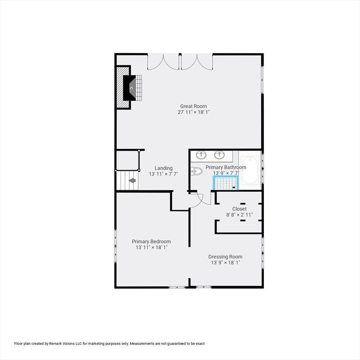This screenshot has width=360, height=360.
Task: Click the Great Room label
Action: tap(193, 106)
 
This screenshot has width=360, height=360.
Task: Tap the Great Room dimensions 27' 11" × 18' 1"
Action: tap(194, 112)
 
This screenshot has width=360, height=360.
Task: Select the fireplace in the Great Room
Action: tap(129, 88)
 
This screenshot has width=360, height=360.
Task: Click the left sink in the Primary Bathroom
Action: tap(201, 155)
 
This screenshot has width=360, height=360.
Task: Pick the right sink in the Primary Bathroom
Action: tap(219, 155)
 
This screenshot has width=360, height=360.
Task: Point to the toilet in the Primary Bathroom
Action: tap(196, 171)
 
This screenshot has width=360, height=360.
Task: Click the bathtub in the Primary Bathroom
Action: tap(250, 170)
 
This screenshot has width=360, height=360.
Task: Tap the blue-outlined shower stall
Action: tap(226, 183)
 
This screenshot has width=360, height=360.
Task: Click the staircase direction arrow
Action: tap(132, 180)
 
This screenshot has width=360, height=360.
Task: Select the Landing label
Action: tap(164, 168)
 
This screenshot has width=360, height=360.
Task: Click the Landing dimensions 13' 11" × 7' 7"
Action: tap(164, 174)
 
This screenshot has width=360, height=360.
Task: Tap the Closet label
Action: tap(239, 209)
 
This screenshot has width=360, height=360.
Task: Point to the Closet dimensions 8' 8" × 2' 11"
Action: tap(240, 215)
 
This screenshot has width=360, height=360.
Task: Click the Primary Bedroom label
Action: tap(151, 241)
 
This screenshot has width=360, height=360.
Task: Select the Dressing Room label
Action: tap(225, 257)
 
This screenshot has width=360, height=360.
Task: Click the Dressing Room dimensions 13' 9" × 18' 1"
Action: tap(225, 262)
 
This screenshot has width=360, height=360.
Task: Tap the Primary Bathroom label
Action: tap(225, 167)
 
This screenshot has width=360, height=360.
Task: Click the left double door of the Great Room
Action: tap(163, 62)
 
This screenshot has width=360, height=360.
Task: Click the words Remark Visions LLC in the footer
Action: tap(62, 344)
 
